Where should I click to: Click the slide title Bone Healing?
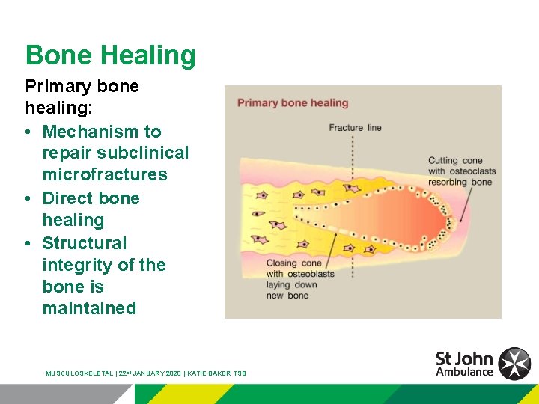(110, 55)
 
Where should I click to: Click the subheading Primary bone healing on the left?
(82, 97)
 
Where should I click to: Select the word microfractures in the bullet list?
(105, 174)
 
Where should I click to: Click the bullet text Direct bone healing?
(91, 209)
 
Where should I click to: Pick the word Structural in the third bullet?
(85, 243)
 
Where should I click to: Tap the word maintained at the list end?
(89, 308)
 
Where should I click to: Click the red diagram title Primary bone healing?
(293, 102)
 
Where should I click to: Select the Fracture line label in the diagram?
(355, 127)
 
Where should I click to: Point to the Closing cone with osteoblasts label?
(300, 274)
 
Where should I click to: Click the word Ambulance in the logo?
(464, 372)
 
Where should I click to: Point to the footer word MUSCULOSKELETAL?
(79, 373)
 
